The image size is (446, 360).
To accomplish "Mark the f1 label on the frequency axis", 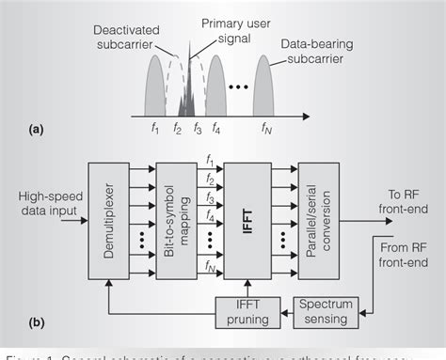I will (153, 129).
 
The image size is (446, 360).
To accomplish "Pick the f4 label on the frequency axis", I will (216, 129).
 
